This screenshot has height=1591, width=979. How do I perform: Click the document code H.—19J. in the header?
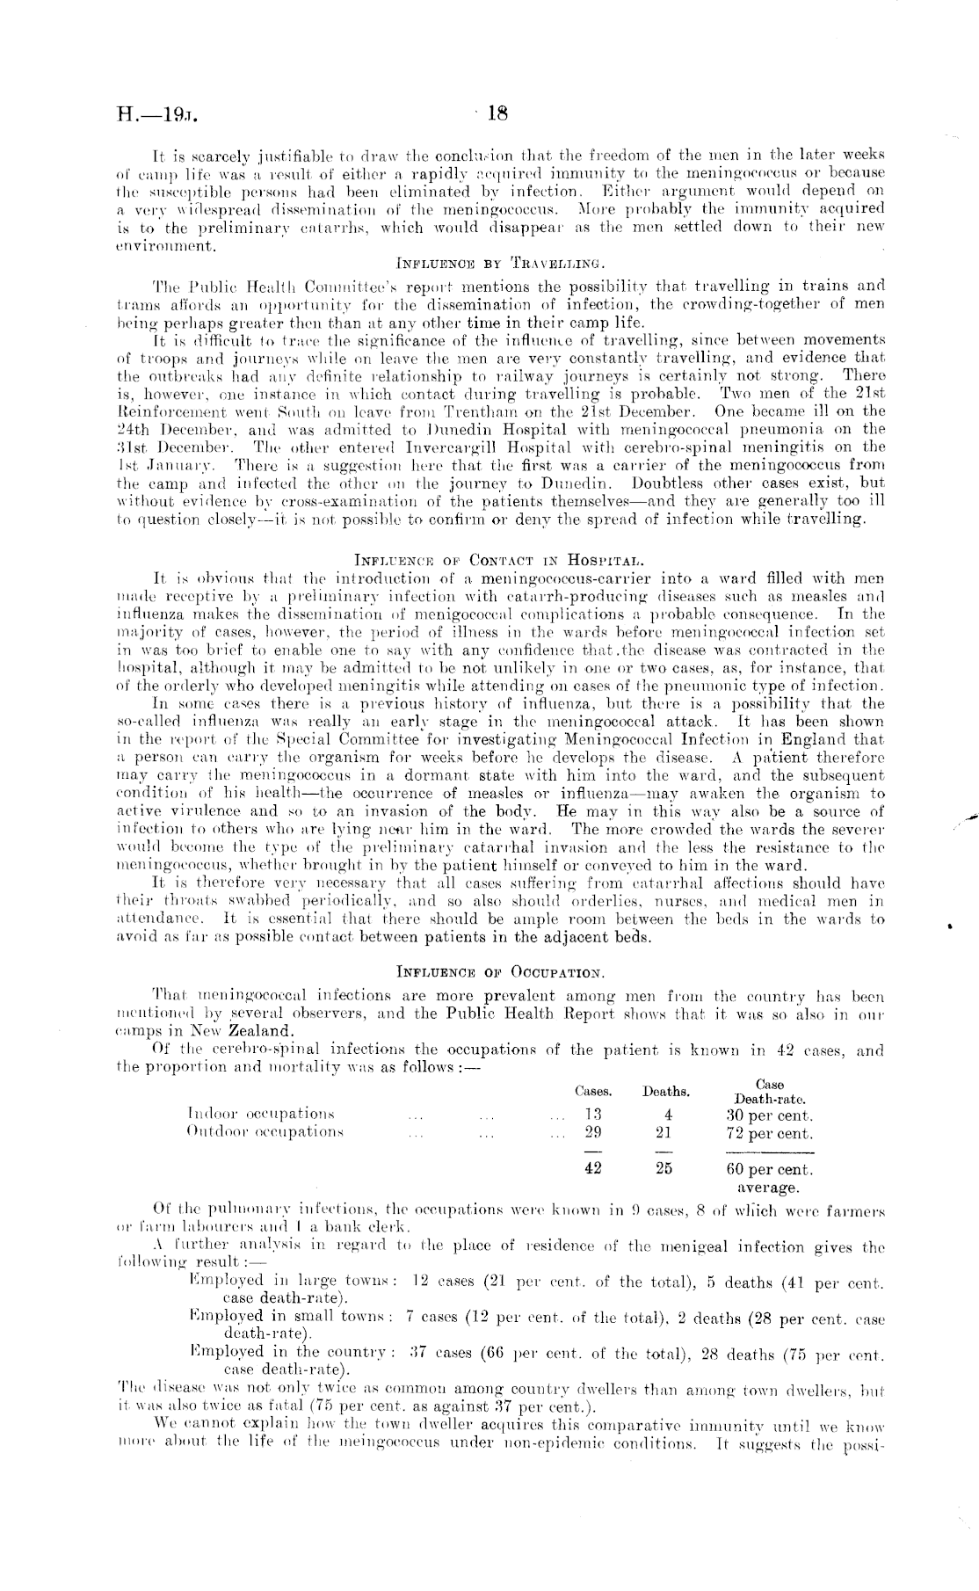click(x=159, y=115)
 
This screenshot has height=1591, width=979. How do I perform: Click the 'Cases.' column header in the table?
click(x=593, y=1091)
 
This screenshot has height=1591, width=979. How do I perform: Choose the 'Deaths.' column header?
click(x=665, y=1092)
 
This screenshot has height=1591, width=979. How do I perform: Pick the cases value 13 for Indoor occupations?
click(x=593, y=1115)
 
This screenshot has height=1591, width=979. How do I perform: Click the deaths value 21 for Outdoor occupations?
click(x=664, y=1133)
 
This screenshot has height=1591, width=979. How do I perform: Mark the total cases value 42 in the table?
click(x=593, y=1169)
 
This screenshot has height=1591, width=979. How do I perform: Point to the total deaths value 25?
click(x=664, y=1169)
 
